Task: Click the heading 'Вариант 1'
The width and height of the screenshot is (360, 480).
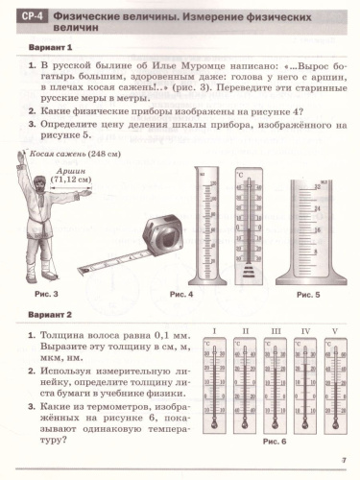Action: (x=44, y=50)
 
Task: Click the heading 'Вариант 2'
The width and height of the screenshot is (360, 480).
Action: (x=44, y=313)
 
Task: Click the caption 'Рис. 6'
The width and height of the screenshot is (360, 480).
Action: (x=275, y=441)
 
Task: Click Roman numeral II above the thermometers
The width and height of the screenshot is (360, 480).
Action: (x=245, y=331)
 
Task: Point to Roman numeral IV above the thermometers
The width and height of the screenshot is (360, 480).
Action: (x=305, y=331)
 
